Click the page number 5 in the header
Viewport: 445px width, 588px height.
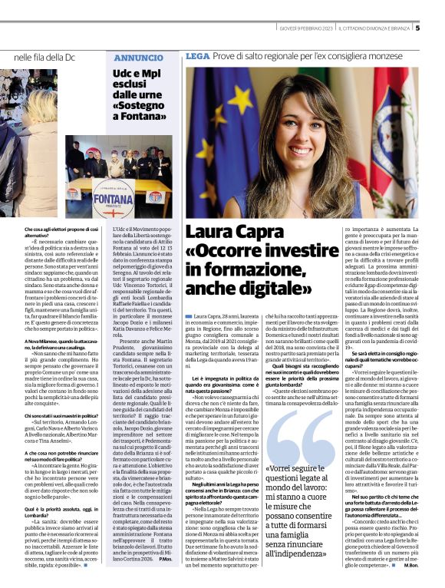pos(418,28)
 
